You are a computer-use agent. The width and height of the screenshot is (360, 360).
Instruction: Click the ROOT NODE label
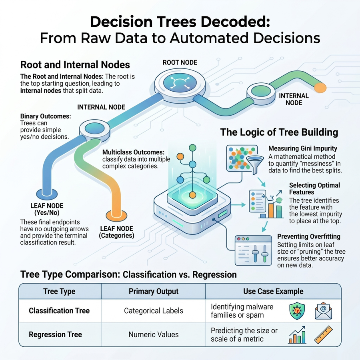click(x=180, y=62)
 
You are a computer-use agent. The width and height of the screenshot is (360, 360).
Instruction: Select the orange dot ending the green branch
click(x=320, y=88)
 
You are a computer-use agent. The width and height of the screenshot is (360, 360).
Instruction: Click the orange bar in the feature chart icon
click(x=271, y=210)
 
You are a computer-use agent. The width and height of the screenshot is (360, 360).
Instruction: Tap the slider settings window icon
click(x=253, y=250)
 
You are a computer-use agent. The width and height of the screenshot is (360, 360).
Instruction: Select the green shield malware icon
click(x=297, y=311)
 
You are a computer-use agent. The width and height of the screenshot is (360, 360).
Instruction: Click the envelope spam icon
click(x=323, y=311)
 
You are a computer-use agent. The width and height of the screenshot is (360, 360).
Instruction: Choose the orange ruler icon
click(x=323, y=334)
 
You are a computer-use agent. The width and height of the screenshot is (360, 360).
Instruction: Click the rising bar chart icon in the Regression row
click(x=297, y=335)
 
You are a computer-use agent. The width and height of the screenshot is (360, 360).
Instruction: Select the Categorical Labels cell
click(x=153, y=311)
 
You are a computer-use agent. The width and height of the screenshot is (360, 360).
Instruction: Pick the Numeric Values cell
click(x=153, y=334)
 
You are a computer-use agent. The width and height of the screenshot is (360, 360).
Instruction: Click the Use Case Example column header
click(x=273, y=291)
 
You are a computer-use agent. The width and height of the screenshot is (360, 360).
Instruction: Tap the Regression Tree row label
click(x=55, y=334)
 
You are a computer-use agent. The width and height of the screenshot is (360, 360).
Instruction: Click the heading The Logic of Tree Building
click(x=279, y=132)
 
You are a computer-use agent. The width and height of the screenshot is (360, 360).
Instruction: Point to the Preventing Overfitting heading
click(x=309, y=236)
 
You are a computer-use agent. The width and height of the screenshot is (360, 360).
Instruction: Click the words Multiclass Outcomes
click(x=133, y=152)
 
